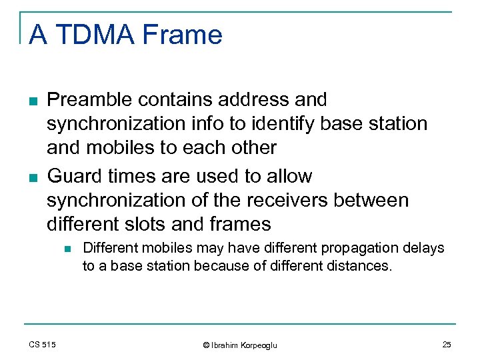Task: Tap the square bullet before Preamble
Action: coord(33,101)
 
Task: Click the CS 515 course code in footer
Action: coord(42,344)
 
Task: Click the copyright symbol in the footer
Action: coord(207,345)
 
